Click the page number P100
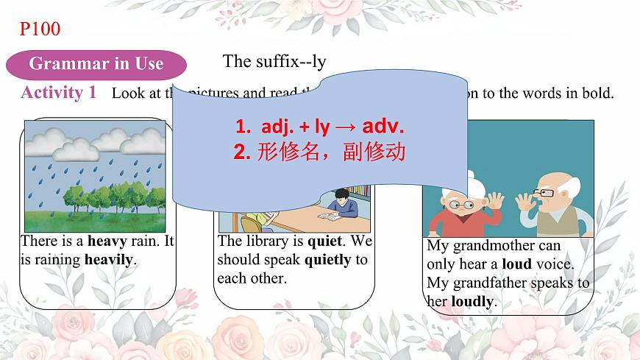click(x=40, y=29)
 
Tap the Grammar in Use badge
click(x=96, y=63)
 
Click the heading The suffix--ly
click(x=274, y=61)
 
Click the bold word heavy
click(x=107, y=241)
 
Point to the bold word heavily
click(x=110, y=259)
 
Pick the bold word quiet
click(x=324, y=241)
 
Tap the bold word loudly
click(x=474, y=300)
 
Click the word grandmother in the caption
click(x=505, y=246)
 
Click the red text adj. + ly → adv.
click(x=319, y=127)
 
